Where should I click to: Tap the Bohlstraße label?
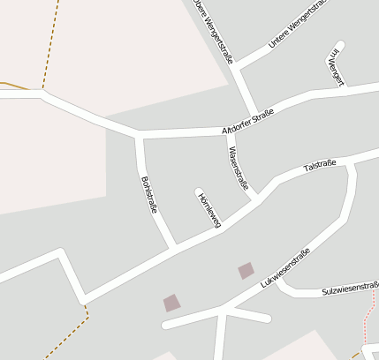[x=148, y=195]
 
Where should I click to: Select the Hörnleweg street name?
[x=208, y=210]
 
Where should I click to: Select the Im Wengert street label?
[x=335, y=66]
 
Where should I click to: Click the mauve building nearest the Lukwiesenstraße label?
[x=246, y=270]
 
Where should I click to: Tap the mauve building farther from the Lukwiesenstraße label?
[x=171, y=303]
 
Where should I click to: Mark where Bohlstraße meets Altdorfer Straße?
[x=139, y=135]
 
